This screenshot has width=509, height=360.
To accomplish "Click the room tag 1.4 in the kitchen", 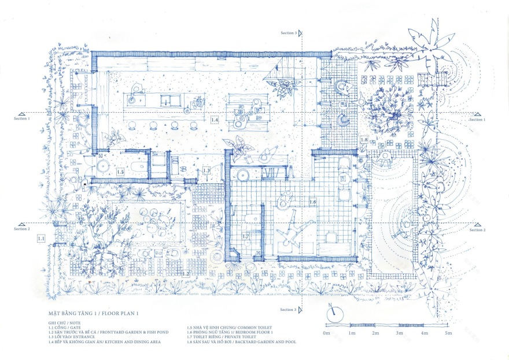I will (214, 120).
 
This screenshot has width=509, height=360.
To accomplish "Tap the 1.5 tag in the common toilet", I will (120, 172).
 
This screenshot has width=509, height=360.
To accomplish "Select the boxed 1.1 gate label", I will (41, 237).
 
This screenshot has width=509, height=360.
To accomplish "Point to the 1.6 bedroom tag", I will (313, 202).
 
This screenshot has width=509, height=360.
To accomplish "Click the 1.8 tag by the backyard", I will (364, 140).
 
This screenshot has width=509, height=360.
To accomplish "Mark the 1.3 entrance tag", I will (206, 171).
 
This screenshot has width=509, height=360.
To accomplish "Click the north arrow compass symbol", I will (333, 315).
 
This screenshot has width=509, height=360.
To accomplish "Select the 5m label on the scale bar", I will (448, 333).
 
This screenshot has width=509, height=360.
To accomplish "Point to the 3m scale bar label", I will (399, 333).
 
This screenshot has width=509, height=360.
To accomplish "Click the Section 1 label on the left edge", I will (22, 119).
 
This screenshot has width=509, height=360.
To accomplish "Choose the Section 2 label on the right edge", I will (477, 230).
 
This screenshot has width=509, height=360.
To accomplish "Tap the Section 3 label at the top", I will (288, 34).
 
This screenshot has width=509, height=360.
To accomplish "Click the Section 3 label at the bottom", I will (288, 310).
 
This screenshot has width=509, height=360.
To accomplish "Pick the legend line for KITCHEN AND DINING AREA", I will (104, 342).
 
